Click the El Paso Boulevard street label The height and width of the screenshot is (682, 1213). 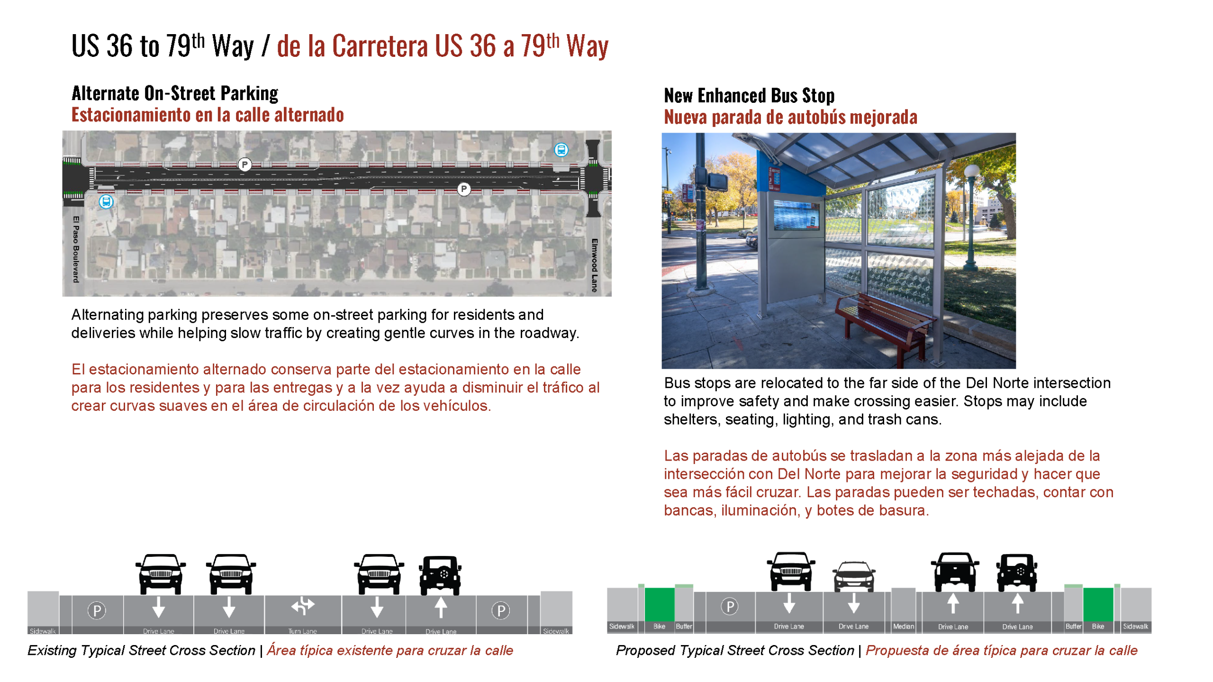pos(76,249)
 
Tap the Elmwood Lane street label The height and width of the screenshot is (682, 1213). pos(594,265)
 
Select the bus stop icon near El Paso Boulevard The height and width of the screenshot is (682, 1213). pos(106,202)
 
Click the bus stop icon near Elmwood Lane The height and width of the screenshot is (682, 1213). pos(561,150)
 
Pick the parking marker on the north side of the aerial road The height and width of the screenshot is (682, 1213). pos(244,164)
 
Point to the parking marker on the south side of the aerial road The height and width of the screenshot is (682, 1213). pos(464,189)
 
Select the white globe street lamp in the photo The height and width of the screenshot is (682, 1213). pos(972,172)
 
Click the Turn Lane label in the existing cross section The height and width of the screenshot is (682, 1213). pos(302,631)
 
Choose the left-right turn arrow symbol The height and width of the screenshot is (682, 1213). pos(302,605)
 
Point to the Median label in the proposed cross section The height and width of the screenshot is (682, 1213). pos(903,626)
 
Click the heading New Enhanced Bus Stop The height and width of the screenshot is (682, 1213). pos(749,96)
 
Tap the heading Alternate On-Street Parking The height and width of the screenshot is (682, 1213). pos(175,93)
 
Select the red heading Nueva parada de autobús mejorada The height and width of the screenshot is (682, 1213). pos(790,117)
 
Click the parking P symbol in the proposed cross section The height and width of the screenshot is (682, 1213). pos(730,606)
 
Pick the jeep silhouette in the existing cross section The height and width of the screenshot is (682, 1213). pos(440,574)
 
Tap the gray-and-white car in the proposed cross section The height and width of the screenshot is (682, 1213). pos(853,576)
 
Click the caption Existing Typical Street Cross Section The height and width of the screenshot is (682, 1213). pos(141,650)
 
